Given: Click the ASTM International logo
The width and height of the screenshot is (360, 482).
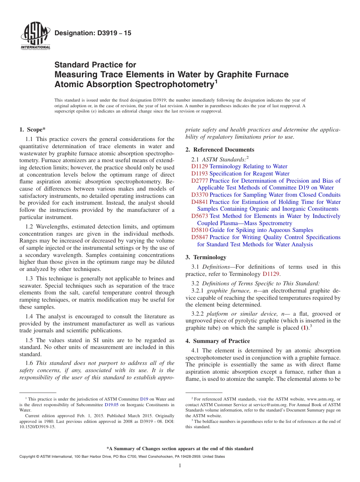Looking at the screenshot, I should click(x=35, y=36).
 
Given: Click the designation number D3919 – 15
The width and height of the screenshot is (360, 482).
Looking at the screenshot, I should click(x=93, y=33).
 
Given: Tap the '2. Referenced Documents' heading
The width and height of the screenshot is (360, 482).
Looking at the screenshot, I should click(x=220, y=149).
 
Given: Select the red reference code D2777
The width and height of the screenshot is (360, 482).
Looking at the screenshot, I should click(x=199, y=181).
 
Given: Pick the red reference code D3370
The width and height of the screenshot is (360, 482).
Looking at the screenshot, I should click(x=199, y=195).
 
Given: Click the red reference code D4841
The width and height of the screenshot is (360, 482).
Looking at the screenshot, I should click(x=199, y=202).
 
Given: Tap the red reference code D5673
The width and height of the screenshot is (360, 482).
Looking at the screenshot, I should click(x=199, y=216).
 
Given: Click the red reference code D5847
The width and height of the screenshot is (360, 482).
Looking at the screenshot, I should click(x=199, y=237).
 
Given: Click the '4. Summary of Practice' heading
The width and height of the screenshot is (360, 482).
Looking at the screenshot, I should click(x=218, y=341).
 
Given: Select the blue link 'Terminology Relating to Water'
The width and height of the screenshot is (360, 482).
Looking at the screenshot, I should click(x=248, y=166).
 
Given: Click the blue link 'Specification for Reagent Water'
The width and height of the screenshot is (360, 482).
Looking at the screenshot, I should click(x=249, y=174).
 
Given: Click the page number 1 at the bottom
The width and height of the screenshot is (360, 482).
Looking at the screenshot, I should click(x=180, y=466).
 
